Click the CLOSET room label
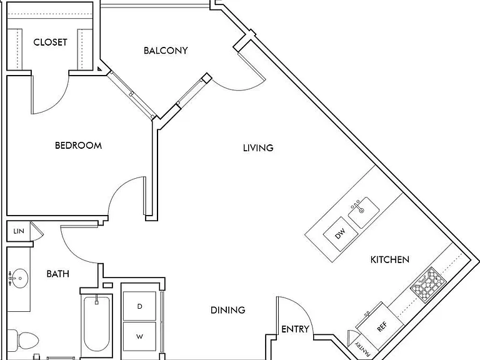tap(50, 42)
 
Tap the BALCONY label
tap(166, 51)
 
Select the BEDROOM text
tap(78, 146)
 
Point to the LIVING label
tap(258, 148)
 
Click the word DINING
tap(228, 310)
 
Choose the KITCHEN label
tap(390, 260)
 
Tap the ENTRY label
tap(295, 329)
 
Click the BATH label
tap(58, 274)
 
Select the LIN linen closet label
tap(19, 231)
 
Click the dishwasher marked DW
tap(341, 234)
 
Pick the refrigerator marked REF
tap(381, 327)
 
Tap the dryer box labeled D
tap(139, 306)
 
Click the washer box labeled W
tap(139, 336)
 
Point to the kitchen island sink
tap(363, 212)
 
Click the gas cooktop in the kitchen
tap(428, 285)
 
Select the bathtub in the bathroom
tap(96, 324)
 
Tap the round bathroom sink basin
tap(19, 278)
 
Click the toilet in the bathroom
tap(22, 341)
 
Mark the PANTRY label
tap(362, 347)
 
